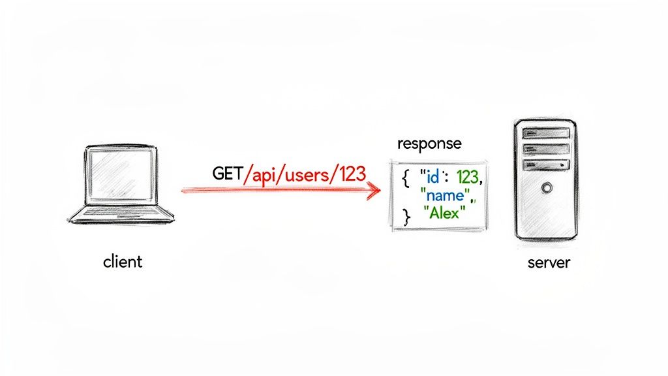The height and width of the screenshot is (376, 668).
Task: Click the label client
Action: pos(122,262)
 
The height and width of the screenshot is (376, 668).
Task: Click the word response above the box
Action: pos(429,144)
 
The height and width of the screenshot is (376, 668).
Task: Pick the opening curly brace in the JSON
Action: pos(406,178)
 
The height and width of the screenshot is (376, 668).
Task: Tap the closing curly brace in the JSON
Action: pos(407,215)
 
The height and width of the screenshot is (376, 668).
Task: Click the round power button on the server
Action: pos(545,187)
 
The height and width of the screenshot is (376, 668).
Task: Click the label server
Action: pos(548,263)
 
